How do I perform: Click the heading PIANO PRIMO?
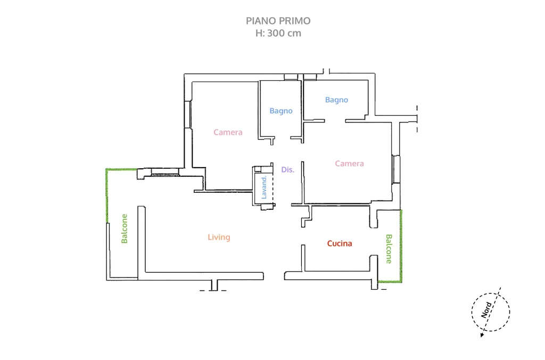(278, 21)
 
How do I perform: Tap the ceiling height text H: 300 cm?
(278, 34)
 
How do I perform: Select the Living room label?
(219, 237)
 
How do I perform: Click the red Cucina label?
(340, 243)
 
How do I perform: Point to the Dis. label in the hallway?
(288, 169)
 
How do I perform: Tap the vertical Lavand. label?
(264, 187)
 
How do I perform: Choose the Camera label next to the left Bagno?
(228, 132)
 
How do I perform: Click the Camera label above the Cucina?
(349, 163)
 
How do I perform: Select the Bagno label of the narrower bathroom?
(281, 111)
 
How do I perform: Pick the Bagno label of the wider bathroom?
(336, 100)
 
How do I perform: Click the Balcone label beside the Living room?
(125, 228)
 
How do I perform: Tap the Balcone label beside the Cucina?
(389, 249)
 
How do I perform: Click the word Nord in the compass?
(486, 310)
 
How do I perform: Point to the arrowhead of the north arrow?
(482, 336)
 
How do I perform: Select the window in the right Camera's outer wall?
(396, 169)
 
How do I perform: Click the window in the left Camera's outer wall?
(188, 114)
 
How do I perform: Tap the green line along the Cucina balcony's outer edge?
(401, 246)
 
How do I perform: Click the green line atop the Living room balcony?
(122, 169)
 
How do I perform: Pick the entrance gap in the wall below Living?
(274, 276)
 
